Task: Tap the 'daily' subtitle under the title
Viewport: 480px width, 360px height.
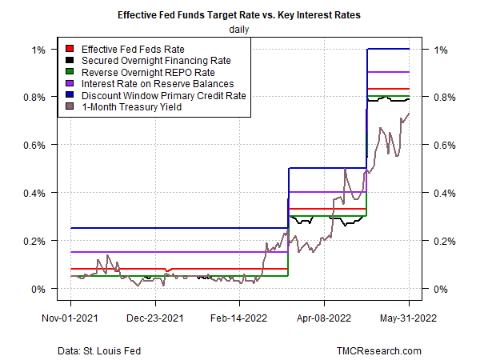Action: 240,30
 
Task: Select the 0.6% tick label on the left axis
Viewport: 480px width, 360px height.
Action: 35,145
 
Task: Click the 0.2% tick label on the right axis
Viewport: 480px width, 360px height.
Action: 445,241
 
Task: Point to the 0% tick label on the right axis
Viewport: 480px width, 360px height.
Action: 440,289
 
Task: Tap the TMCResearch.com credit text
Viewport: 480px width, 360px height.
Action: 378,350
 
